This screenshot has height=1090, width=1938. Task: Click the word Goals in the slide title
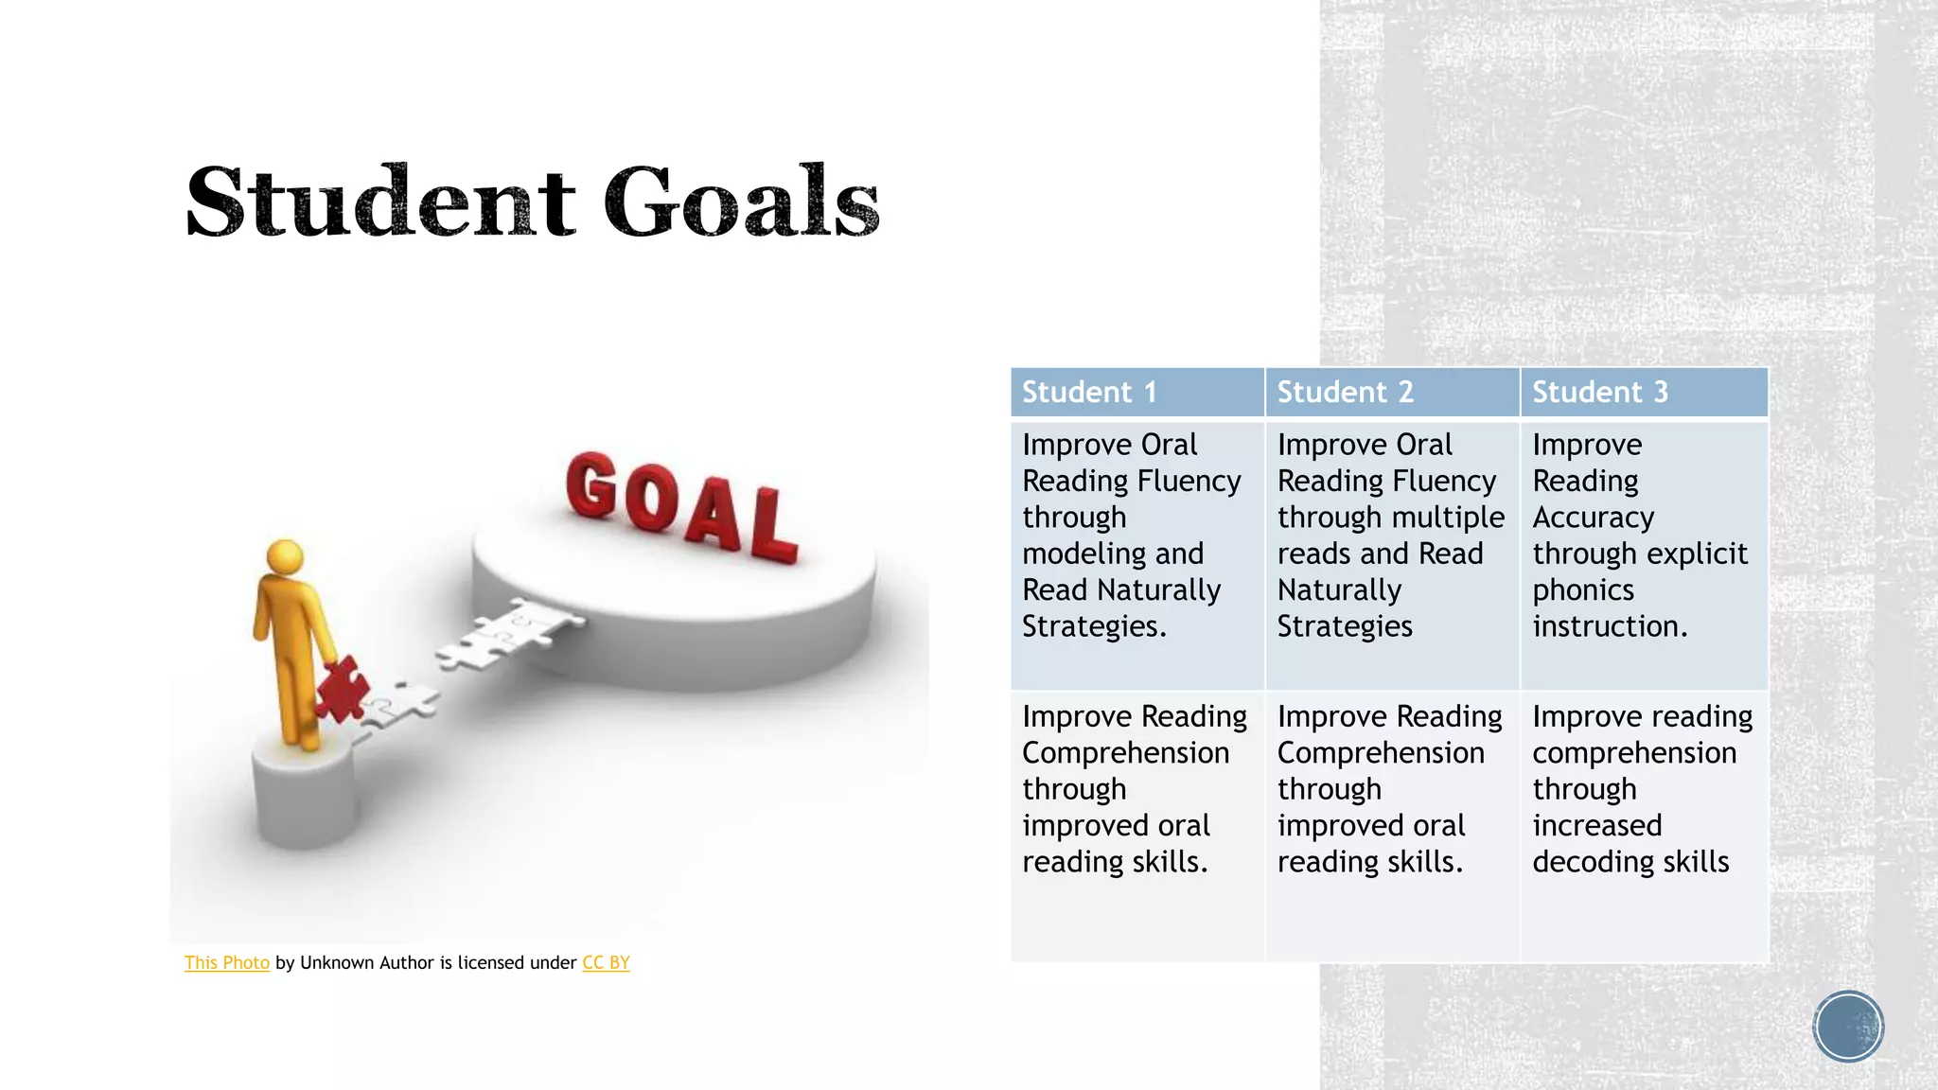click(x=742, y=202)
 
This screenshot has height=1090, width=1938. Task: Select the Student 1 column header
click(x=1089, y=392)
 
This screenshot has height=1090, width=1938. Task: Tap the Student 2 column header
click(x=1345, y=392)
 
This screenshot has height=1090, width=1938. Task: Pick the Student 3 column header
click(x=1599, y=392)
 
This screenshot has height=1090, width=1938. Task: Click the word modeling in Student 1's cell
click(x=1079, y=554)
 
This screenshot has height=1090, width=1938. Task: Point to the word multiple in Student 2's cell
click(x=1448, y=518)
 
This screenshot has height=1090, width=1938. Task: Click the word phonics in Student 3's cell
click(x=1583, y=590)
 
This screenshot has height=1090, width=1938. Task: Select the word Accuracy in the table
click(x=1594, y=518)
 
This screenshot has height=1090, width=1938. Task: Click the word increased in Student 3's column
click(x=1597, y=826)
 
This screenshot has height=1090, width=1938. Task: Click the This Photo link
click(x=227, y=963)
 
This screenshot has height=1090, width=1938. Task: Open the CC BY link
click(x=606, y=963)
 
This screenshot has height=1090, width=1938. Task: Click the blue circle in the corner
click(x=1848, y=1027)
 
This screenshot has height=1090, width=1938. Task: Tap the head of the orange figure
click(x=285, y=556)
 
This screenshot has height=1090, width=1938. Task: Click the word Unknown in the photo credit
click(x=336, y=963)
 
